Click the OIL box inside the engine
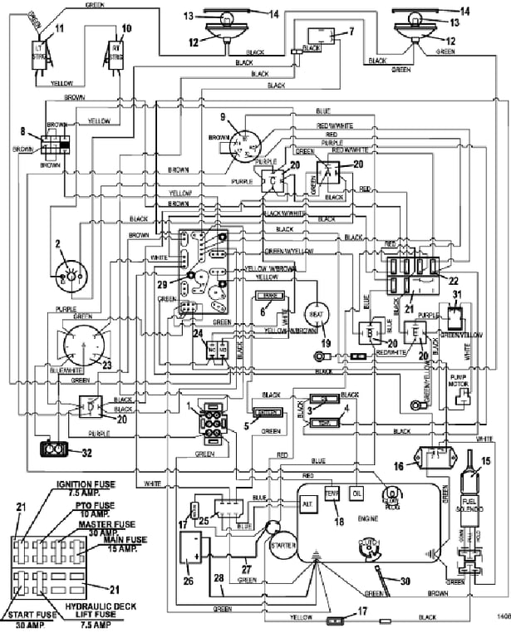click(x=358, y=493)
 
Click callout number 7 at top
click(x=351, y=32)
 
